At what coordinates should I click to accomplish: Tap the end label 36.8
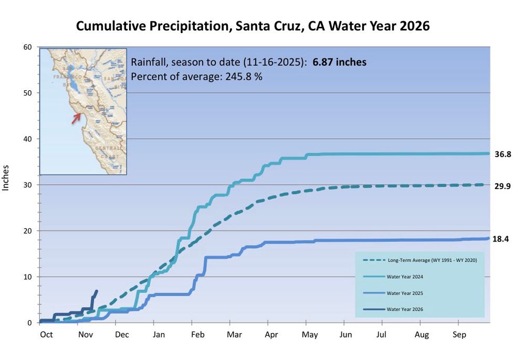pyautogui.click(x=503, y=154)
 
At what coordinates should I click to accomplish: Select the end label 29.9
pyautogui.click(x=503, y=186)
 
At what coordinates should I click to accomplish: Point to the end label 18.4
pyautogui.click(x=503, y=239)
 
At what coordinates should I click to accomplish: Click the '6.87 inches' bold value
pyautogui.click(x=340, y=62)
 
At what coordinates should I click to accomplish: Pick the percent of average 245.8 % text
pyautogui.click(x=196, y=76)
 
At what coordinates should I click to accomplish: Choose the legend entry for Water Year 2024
pyautogui.click(x=404, y=276)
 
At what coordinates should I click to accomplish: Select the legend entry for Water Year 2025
pyautogui.click(x=404, y=292)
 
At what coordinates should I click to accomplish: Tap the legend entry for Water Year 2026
pyautogui.click(x=404, y=309)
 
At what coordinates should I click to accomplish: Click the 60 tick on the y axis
pyautogui.click(x=28, y=47)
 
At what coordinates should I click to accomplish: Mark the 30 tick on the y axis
pyautogui.click(x=28, y=185)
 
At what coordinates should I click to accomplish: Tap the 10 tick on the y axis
pyautogui.click(x=28, y=277)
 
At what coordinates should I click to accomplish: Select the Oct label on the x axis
pyautogui.click(x=46, y=334)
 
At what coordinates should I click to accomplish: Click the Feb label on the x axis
pyautogui.click(x=197, y=334)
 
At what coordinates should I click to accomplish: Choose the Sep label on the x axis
pyautogui.click(x=459, y=334)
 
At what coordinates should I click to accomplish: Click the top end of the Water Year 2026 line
pyautogui.click(x=96, y=291)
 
